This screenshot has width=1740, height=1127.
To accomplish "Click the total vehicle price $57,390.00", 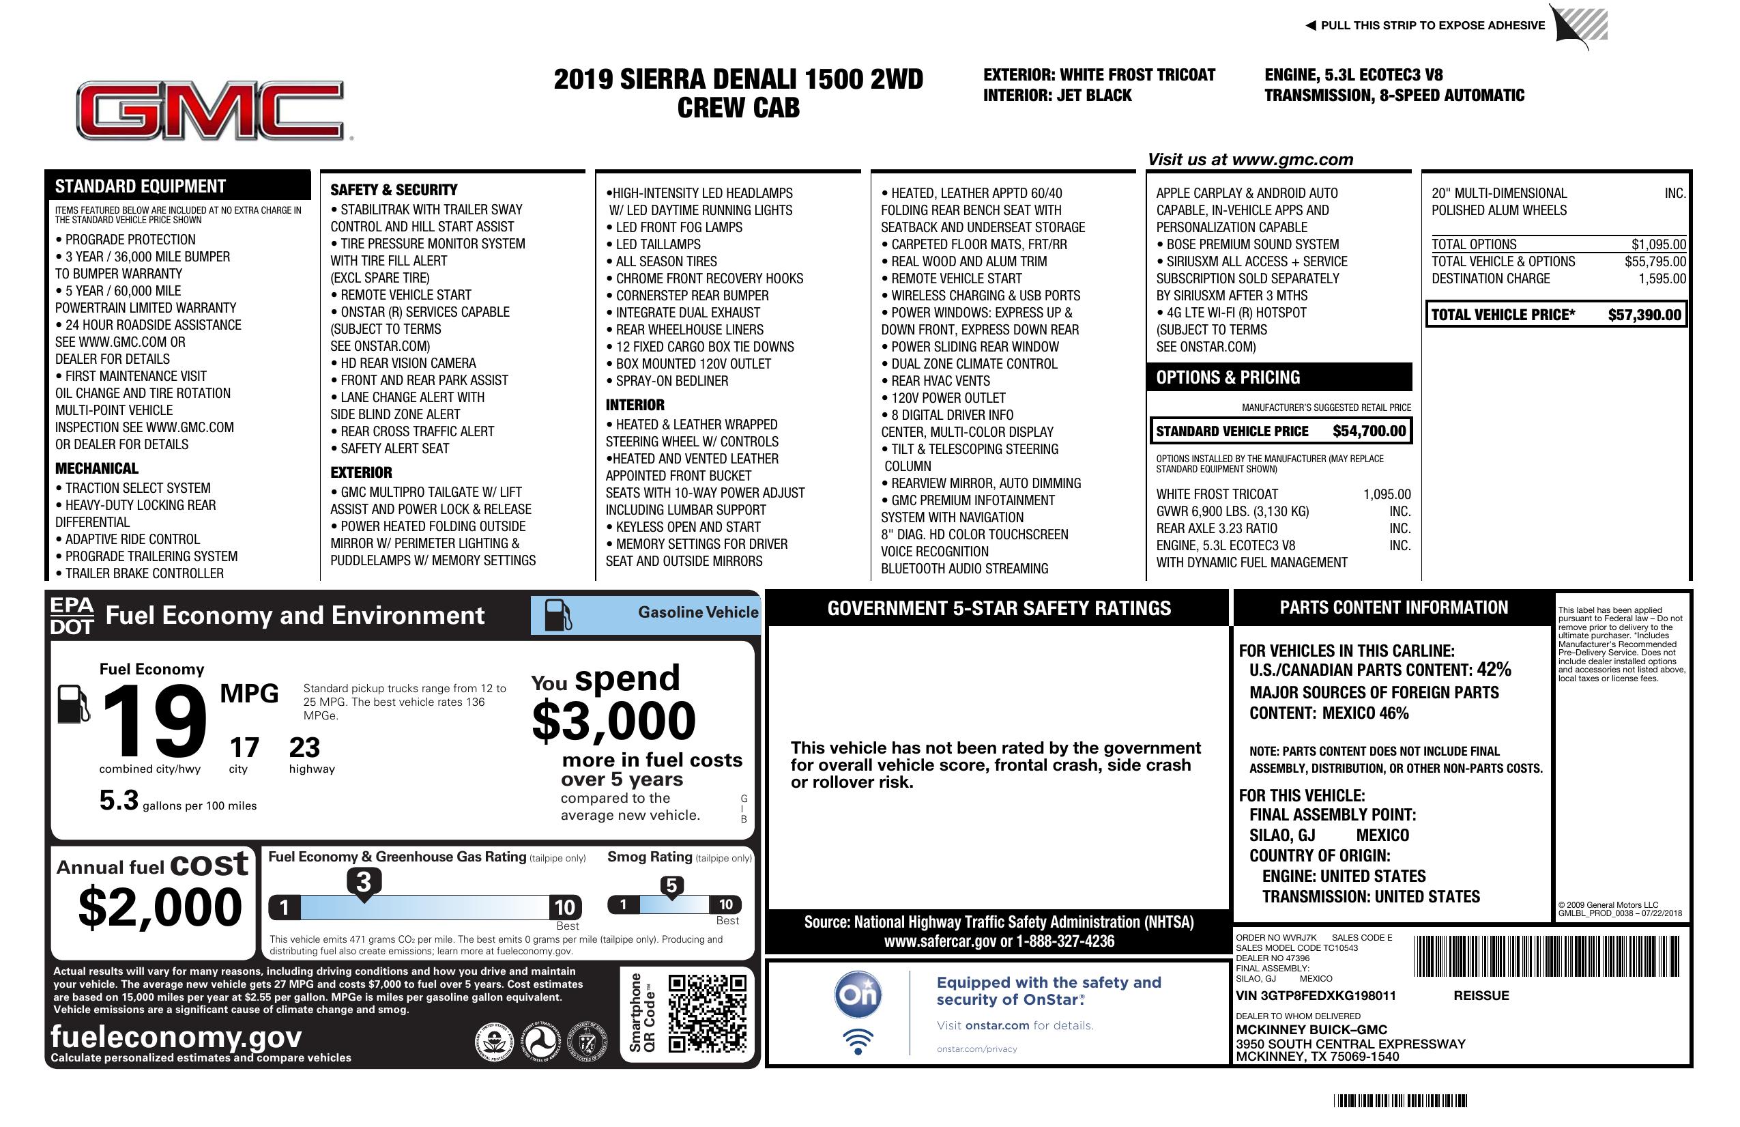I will [1644, 315].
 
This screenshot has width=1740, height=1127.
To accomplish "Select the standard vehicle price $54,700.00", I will [1369, 431].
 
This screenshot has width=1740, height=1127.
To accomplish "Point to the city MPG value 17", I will [244, 747].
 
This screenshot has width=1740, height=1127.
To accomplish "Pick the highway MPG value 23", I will [304, 747].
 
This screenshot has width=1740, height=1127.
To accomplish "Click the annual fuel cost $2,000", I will [160, 907].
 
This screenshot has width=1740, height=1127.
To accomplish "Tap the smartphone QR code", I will [707, 1013].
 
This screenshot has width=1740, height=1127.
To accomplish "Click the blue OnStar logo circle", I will [858, 995].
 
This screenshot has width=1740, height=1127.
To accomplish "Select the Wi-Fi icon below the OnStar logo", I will [858, 1041].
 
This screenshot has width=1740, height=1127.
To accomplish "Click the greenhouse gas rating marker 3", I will [363, 882].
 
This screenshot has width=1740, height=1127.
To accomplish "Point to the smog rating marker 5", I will [671, 885].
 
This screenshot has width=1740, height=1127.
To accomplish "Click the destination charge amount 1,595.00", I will [1662, 279].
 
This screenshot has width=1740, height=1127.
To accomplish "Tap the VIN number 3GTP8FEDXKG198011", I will [1316, 995].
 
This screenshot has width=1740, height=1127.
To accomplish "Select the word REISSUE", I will [1481, 995].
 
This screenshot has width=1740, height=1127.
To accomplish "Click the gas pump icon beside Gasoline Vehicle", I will [558, 615].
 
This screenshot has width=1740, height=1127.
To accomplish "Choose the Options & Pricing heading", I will [1228, 377].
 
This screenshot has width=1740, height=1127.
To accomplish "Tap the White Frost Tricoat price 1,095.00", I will [1387, 494].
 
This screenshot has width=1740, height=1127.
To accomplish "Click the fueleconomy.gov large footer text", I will [176, 1036].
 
